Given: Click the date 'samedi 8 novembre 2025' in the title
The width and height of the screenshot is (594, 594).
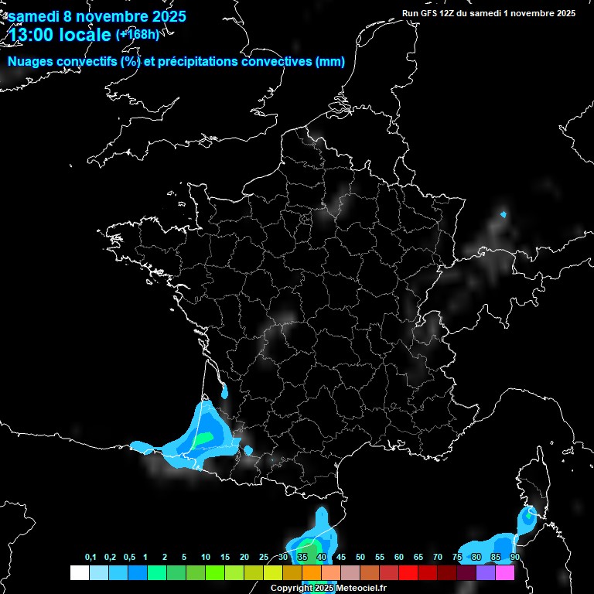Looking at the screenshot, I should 97,16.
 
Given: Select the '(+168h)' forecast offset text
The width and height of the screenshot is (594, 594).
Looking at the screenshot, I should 137,34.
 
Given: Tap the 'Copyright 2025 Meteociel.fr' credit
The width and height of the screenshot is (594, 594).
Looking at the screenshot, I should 328,588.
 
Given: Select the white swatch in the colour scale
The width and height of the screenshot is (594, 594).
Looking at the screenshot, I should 79,572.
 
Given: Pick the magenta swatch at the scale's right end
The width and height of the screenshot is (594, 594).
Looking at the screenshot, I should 505,572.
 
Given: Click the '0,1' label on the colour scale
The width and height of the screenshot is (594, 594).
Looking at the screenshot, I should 90,558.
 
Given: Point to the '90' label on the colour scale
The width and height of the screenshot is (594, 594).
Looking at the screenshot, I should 514,558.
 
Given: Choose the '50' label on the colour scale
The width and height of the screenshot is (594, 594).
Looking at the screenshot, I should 360,558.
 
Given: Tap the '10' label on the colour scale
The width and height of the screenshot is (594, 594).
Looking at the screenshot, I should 206,558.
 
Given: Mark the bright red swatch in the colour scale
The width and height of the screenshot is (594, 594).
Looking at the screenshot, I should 408,572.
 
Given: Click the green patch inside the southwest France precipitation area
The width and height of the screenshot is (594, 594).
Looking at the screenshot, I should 203,439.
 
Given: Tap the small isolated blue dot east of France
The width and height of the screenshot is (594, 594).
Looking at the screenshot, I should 504,213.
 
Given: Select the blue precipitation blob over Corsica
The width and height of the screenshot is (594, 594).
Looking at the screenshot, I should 527,516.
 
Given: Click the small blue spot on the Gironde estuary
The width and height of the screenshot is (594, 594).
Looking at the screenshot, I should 224,392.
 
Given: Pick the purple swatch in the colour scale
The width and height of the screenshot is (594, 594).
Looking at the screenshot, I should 486,572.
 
